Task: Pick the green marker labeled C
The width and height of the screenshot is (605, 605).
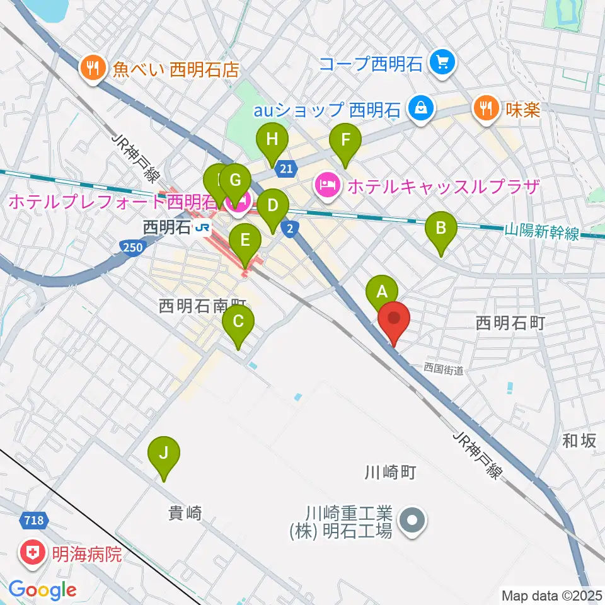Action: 238,322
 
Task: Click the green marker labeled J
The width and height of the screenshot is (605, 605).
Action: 164,454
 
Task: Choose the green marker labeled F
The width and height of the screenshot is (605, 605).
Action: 345,141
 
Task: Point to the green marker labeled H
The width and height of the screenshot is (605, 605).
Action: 272,141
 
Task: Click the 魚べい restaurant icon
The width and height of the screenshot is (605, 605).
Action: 93,67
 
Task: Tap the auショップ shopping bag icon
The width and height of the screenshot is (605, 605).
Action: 418,108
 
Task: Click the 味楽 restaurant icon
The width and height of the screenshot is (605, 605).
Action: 485,108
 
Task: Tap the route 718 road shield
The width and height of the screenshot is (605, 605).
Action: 35,521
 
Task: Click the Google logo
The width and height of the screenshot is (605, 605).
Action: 43,590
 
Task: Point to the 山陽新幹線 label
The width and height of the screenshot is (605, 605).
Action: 542,233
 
